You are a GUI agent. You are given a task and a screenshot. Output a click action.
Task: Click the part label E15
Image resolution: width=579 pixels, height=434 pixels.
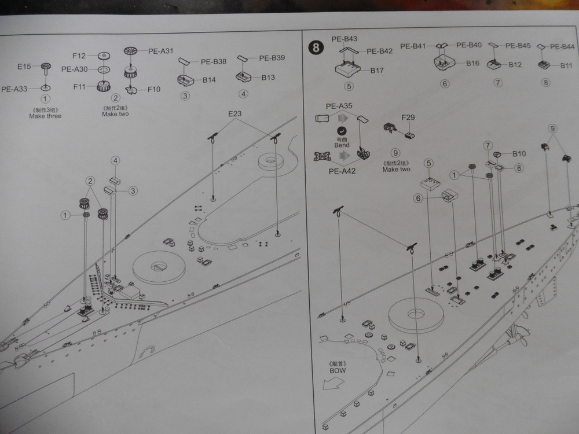coord(24,67)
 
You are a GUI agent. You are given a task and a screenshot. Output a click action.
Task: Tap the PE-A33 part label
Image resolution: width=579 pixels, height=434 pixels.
coord(14,89)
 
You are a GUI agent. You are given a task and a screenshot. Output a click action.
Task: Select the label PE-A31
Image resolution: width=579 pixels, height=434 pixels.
coord(160,51)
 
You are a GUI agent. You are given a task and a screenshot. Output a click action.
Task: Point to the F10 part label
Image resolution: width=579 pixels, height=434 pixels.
coord(154,89)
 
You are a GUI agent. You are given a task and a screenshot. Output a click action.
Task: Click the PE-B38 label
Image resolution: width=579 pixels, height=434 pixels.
coord(213,61)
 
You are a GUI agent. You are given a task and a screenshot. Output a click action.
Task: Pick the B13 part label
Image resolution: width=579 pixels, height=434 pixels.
coord(268,77)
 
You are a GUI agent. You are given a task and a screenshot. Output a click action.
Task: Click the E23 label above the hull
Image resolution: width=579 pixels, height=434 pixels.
coord(234,114)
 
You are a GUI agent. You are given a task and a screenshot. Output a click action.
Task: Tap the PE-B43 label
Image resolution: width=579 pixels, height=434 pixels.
coord(345,39)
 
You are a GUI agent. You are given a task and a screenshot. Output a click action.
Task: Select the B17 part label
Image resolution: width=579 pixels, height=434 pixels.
coord(377,71)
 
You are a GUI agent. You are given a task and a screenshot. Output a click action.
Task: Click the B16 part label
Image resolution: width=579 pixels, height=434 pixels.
coord(472,64)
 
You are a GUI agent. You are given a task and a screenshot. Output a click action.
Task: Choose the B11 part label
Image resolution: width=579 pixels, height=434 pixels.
coord(566,65)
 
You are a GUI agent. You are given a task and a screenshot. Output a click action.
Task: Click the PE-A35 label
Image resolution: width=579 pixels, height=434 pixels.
coord(339,106)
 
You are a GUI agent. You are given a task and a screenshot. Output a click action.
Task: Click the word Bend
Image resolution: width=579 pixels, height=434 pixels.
coord(342,146)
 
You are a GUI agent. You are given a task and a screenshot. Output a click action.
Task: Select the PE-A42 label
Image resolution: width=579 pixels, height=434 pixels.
coord(343,171)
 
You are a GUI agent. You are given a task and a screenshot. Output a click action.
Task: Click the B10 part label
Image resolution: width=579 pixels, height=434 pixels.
coord(519,154)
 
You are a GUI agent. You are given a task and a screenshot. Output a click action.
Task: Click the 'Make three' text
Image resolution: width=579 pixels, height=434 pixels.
coord(45,116)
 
